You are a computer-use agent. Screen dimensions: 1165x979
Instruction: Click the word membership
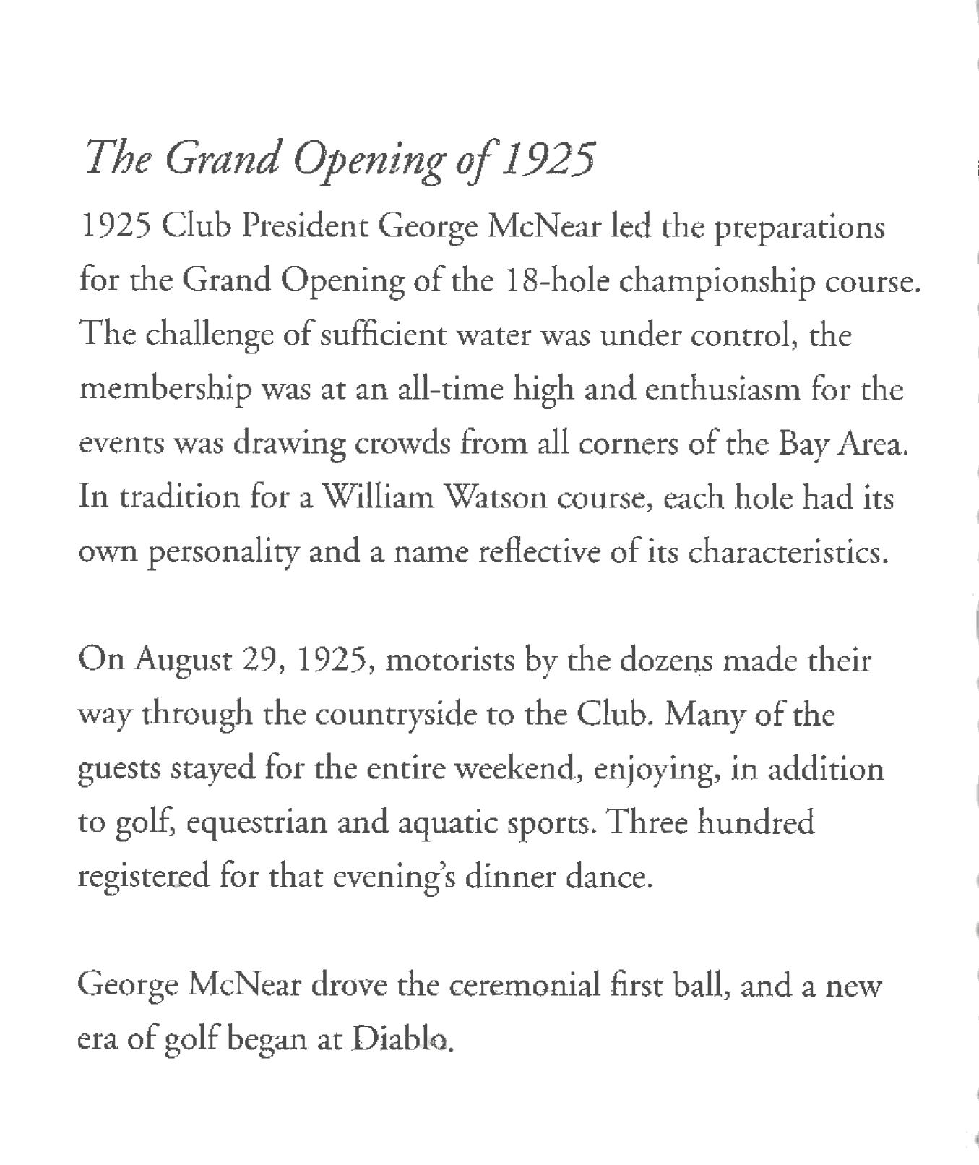[165, 390]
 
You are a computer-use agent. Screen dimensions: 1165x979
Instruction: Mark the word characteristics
[786, 552]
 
